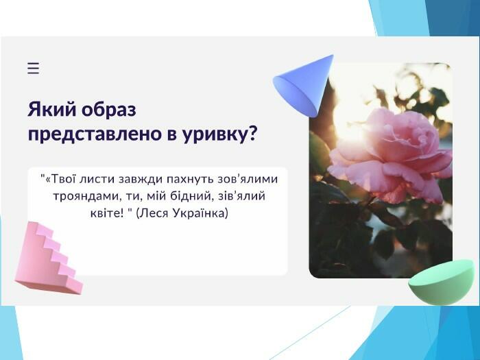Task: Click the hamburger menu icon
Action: click(34, 68)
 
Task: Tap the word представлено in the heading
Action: click(95, 134)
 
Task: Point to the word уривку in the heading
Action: click(214, 135)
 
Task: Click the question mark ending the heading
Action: click(252, 133)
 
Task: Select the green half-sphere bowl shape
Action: click(442, 283)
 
